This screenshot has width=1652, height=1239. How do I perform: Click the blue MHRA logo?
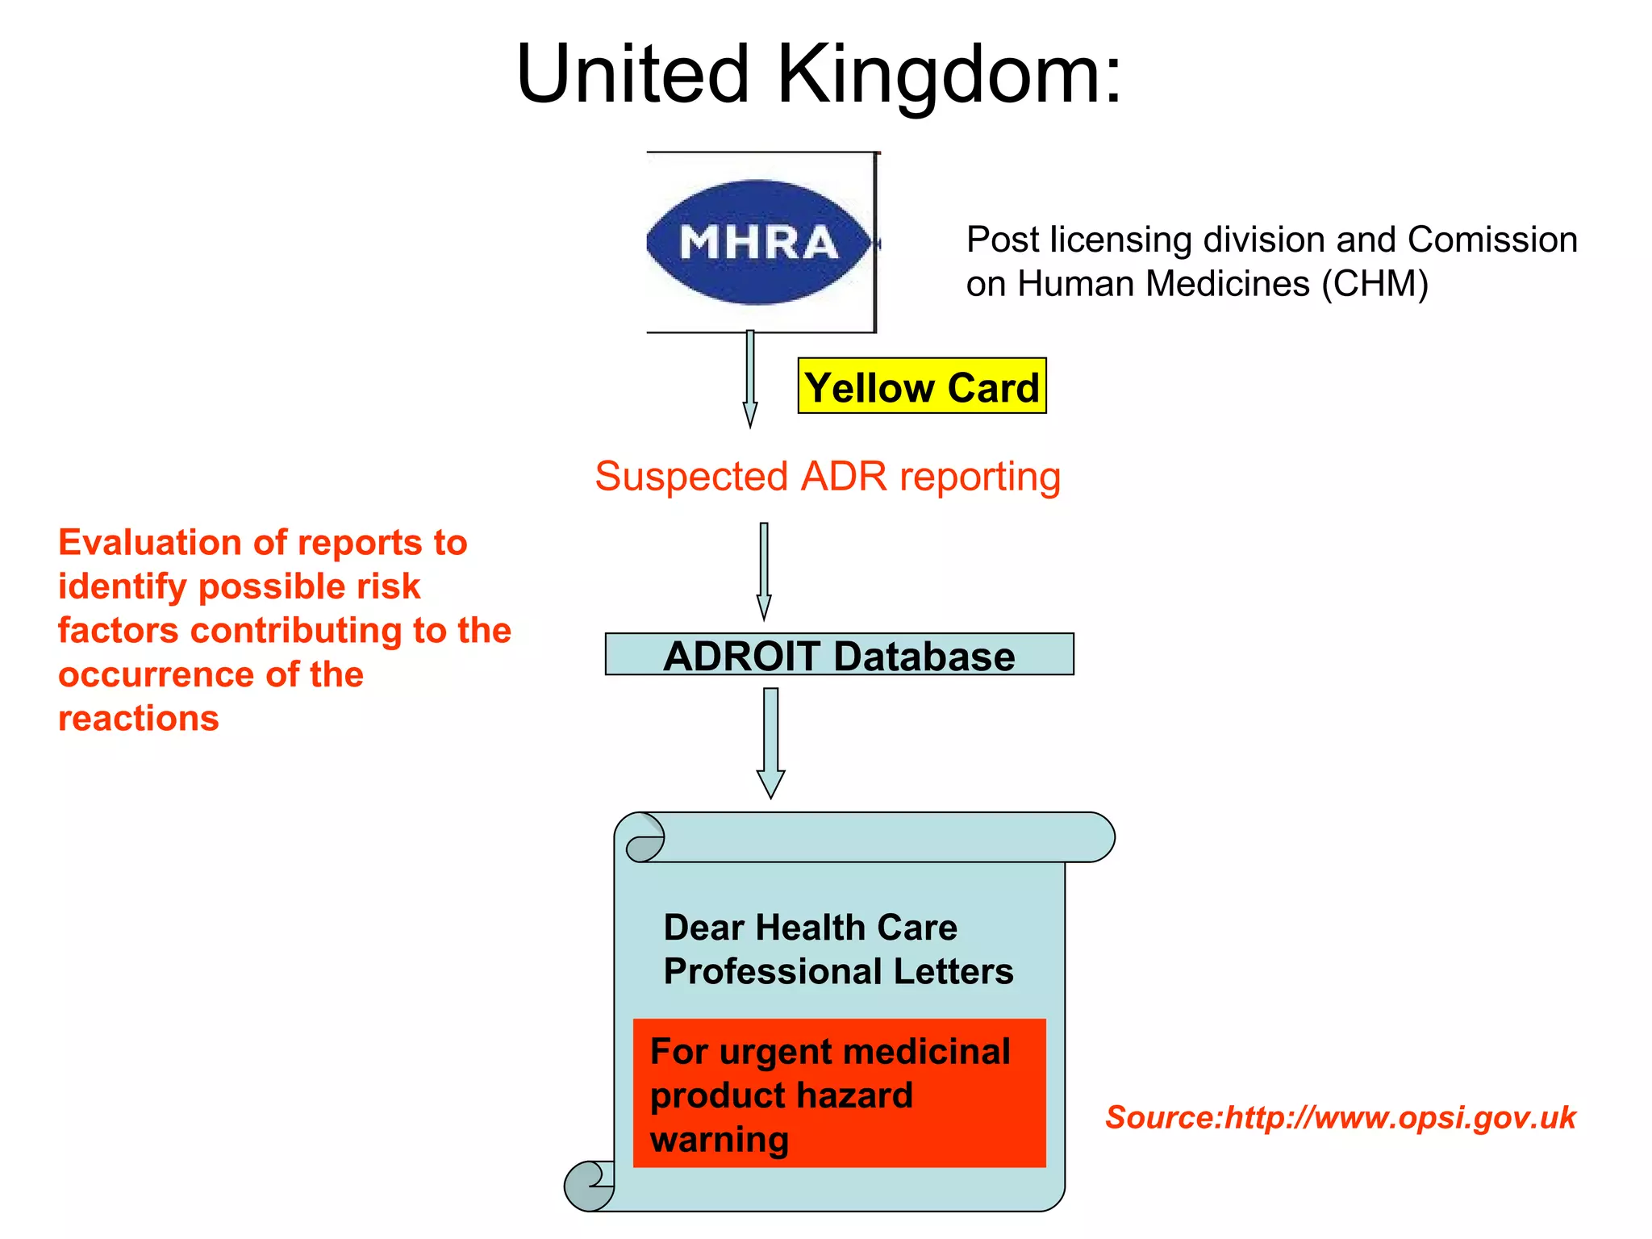[758, 242]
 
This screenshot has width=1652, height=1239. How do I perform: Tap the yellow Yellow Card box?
[921, 386]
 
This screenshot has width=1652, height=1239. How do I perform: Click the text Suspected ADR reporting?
[828, 476]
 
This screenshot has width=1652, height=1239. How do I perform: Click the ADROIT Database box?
[839, 654]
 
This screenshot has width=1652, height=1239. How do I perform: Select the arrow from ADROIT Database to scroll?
[771, 741]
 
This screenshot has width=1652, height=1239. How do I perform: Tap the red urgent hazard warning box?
[839, 1093]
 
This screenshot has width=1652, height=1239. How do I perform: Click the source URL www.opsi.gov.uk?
[1400, 1118]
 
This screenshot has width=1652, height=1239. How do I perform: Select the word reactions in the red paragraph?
[139, 718]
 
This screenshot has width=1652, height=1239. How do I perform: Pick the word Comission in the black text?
[1491, 240]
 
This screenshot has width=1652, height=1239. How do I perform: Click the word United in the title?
[632, 74]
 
